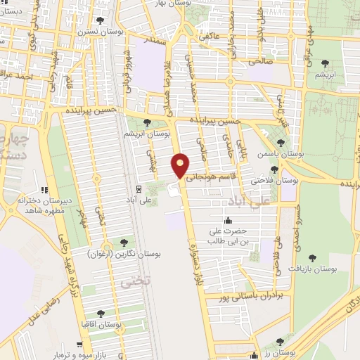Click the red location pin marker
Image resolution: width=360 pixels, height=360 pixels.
(181, 166)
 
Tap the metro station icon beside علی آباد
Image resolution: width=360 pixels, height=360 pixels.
(138, 188)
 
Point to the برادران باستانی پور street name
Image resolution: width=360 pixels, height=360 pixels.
(252, 297)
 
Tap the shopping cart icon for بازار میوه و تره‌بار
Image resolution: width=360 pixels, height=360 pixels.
(79, 345)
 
